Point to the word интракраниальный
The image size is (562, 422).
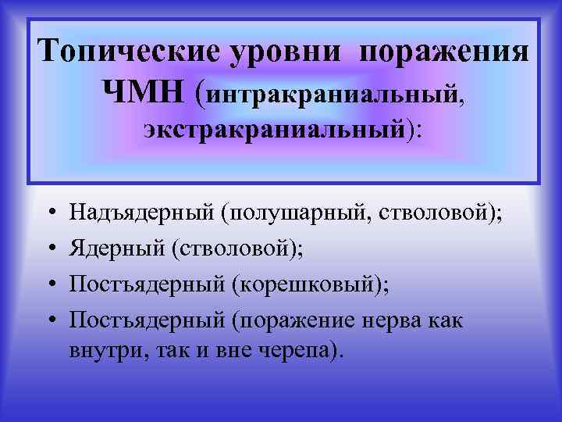click(333, 97)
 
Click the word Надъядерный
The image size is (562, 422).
click(142, 211)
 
